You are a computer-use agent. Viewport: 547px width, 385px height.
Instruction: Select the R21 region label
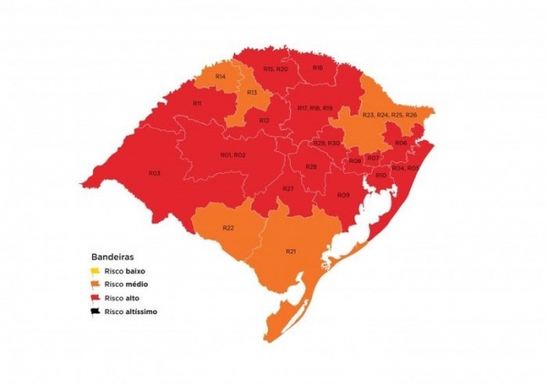tap(291, 250)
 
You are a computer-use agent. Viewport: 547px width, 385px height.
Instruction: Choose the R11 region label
tap(197, 104)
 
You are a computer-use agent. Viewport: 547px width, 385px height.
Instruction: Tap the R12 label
tap(263, 120)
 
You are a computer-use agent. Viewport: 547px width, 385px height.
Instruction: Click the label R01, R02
tap(232, 155)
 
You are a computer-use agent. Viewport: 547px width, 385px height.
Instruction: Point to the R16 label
tap(317, 67)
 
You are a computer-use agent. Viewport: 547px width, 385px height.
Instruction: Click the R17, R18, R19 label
tap(315, 108)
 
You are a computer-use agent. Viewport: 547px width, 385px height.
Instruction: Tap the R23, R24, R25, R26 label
tap(389, 115)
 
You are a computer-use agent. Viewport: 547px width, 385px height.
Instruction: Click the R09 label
tap(343, 195)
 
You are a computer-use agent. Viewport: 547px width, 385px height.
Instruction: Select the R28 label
tap(311, 167)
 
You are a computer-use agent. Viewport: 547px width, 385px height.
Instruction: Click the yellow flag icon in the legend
tap(93, 271)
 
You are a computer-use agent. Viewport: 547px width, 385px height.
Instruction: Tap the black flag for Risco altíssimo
tap(93, 311)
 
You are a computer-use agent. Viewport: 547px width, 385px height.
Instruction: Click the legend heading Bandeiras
tap(112, 257)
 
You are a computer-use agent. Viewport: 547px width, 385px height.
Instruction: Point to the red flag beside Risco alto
tap(93, 298)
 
